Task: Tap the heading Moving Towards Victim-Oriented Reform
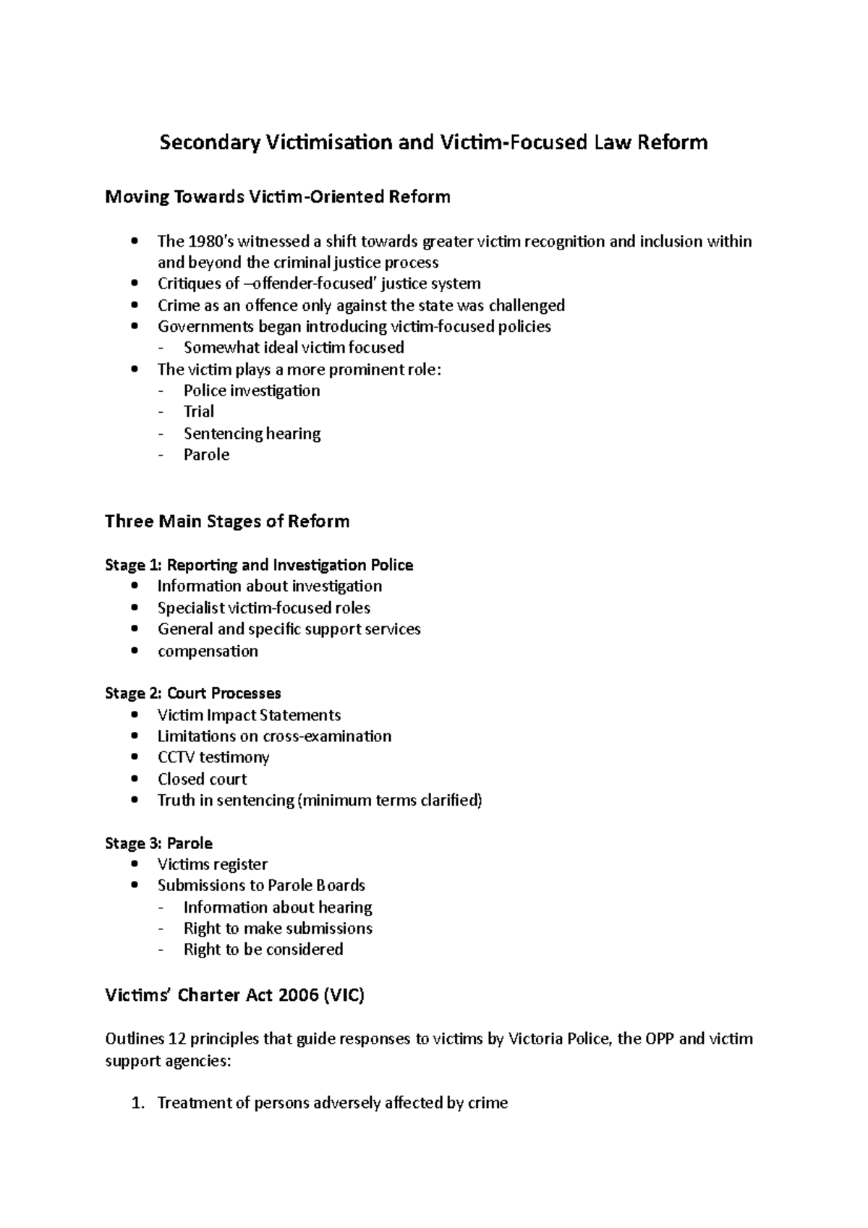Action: click(278, 197)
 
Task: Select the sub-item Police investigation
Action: click(251, 391)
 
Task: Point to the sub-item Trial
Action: click(198, 412)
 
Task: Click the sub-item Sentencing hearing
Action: click(252, 433)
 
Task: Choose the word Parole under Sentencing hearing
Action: click(206, 454)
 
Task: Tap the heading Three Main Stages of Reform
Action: click(227, 521)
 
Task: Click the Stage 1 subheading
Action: click(259, 565)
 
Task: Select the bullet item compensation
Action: click(208, 651)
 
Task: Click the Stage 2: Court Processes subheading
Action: click(193, 693)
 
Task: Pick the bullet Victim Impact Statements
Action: click(249, 715)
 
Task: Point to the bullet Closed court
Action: click(202, 779)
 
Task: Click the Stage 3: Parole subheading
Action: click(159, 843)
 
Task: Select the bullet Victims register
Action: click(212, 864)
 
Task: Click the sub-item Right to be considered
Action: click(263, 949)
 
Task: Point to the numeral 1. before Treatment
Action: click(139, 1103)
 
